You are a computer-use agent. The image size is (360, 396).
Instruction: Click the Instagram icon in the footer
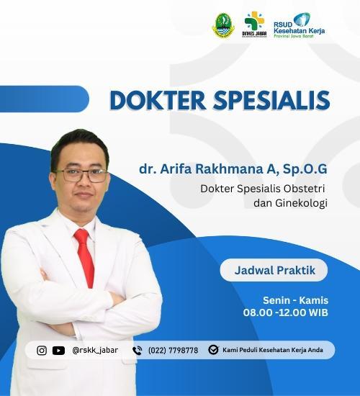(x=42, y=351)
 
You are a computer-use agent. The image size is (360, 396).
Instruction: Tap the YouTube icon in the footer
(x=58, y=351)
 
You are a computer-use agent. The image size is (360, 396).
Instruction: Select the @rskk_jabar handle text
(x=95, y=351)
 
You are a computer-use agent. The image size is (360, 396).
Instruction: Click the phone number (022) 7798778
(x=173, y=351)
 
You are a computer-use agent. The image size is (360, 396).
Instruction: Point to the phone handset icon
(x=138, y=351)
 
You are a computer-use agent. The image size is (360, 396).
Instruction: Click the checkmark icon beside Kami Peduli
(x=213, y=350)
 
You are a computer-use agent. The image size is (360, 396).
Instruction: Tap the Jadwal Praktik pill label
(x=274, y=270)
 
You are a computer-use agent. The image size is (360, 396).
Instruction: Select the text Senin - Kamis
(x=295, y=300)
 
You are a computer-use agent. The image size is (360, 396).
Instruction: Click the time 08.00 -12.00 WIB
(x=285, y=312)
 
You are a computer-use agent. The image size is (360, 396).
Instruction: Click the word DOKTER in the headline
(x=158, y=100)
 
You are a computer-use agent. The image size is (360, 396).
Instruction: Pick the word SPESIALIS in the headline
(x=271, y=100)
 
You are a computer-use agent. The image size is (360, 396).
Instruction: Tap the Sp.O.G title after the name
(x=305, y=169)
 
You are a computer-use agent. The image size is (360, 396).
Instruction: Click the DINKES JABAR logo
(x=254, y=24)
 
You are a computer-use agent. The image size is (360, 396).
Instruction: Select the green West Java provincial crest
(x=223, y=25)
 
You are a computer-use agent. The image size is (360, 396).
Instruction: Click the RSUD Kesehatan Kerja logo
(x=300, y=25)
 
